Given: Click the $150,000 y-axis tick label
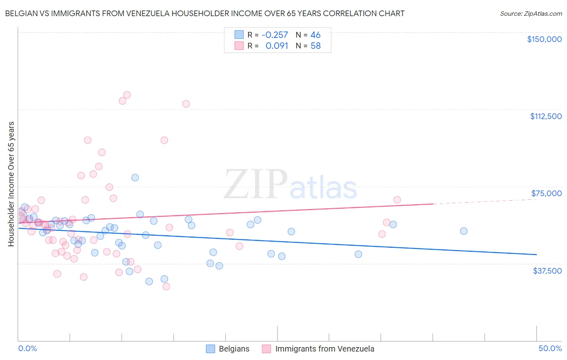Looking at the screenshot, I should click(x=544, y=39).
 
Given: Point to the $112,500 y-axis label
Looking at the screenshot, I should click(x=546, y=116).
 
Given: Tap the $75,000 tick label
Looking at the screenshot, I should click(x=546, y=193).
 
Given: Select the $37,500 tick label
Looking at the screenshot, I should click(x=547, y=271).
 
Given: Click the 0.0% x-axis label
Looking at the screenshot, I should click(x=27, y=348).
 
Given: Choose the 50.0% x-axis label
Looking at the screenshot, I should click(x=550, y=348).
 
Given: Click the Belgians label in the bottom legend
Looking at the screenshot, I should click(x=234, y=349).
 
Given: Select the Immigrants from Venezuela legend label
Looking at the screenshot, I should click(x=325, y=349).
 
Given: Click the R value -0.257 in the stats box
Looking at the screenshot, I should click(x=275, y=35).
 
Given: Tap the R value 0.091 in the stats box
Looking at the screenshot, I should click(x=277, y=46).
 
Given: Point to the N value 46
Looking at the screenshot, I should click(x=315, y=35).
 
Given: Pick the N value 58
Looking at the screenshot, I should click(x=315, y=46).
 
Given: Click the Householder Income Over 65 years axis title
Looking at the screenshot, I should click(x=11, y=184).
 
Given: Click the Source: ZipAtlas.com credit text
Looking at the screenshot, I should click(x=531, y=14).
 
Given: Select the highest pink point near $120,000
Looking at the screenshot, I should click(x=127, y=95).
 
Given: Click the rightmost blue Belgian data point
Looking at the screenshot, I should click(x=463, y=231).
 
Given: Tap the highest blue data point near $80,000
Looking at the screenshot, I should click(x=135, y=178).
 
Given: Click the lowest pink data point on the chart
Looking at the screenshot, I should click(x=166, y=287).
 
